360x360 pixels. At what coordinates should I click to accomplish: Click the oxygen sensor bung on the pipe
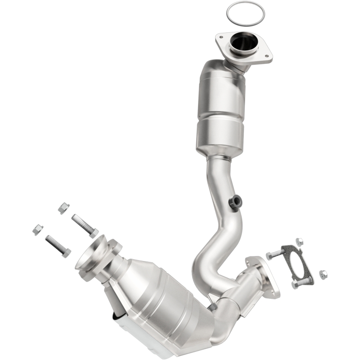pos(234,202)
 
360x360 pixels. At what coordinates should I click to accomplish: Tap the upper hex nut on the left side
pos(64,208)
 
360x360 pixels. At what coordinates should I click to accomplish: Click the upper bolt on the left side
pos(85,225)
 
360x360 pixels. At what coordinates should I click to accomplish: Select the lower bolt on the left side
pos(58,246)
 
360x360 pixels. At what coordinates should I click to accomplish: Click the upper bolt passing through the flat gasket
pos(275,254)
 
